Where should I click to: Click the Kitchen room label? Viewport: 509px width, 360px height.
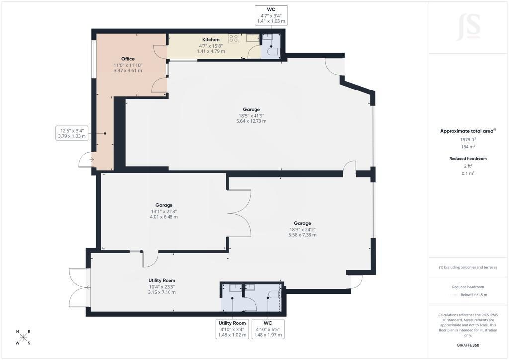coord(211,40)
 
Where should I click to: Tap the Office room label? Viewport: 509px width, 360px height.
coord(128,59)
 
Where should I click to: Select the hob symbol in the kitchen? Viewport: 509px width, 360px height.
coord(234,39)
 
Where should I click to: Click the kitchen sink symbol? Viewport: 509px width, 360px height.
coord(252,38)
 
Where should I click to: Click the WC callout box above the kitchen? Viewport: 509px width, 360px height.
coord(271,15)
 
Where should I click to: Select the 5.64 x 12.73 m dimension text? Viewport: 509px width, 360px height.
coord(251,121)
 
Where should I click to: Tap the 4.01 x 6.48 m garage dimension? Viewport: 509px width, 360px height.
coord(164,217)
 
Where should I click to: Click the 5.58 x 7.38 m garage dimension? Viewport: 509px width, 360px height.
coord(302,235)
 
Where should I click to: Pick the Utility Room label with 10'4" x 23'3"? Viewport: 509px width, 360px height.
coord(162,281)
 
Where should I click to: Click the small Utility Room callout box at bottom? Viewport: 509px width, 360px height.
coord(232,329)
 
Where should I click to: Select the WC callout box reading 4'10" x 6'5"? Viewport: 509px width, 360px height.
coord(268,329)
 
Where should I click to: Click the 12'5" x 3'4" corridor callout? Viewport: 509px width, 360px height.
coord(72,133)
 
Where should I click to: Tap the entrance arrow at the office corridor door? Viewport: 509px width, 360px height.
coord(92,160)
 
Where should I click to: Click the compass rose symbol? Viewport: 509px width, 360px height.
coord(23,337)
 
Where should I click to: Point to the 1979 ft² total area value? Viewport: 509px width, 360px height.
coord(468,140)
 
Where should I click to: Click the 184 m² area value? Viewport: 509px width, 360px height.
coord(468,147)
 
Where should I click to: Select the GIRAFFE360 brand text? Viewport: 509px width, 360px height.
coord(468,345)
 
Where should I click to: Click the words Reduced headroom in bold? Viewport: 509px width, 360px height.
coord(468,159)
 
